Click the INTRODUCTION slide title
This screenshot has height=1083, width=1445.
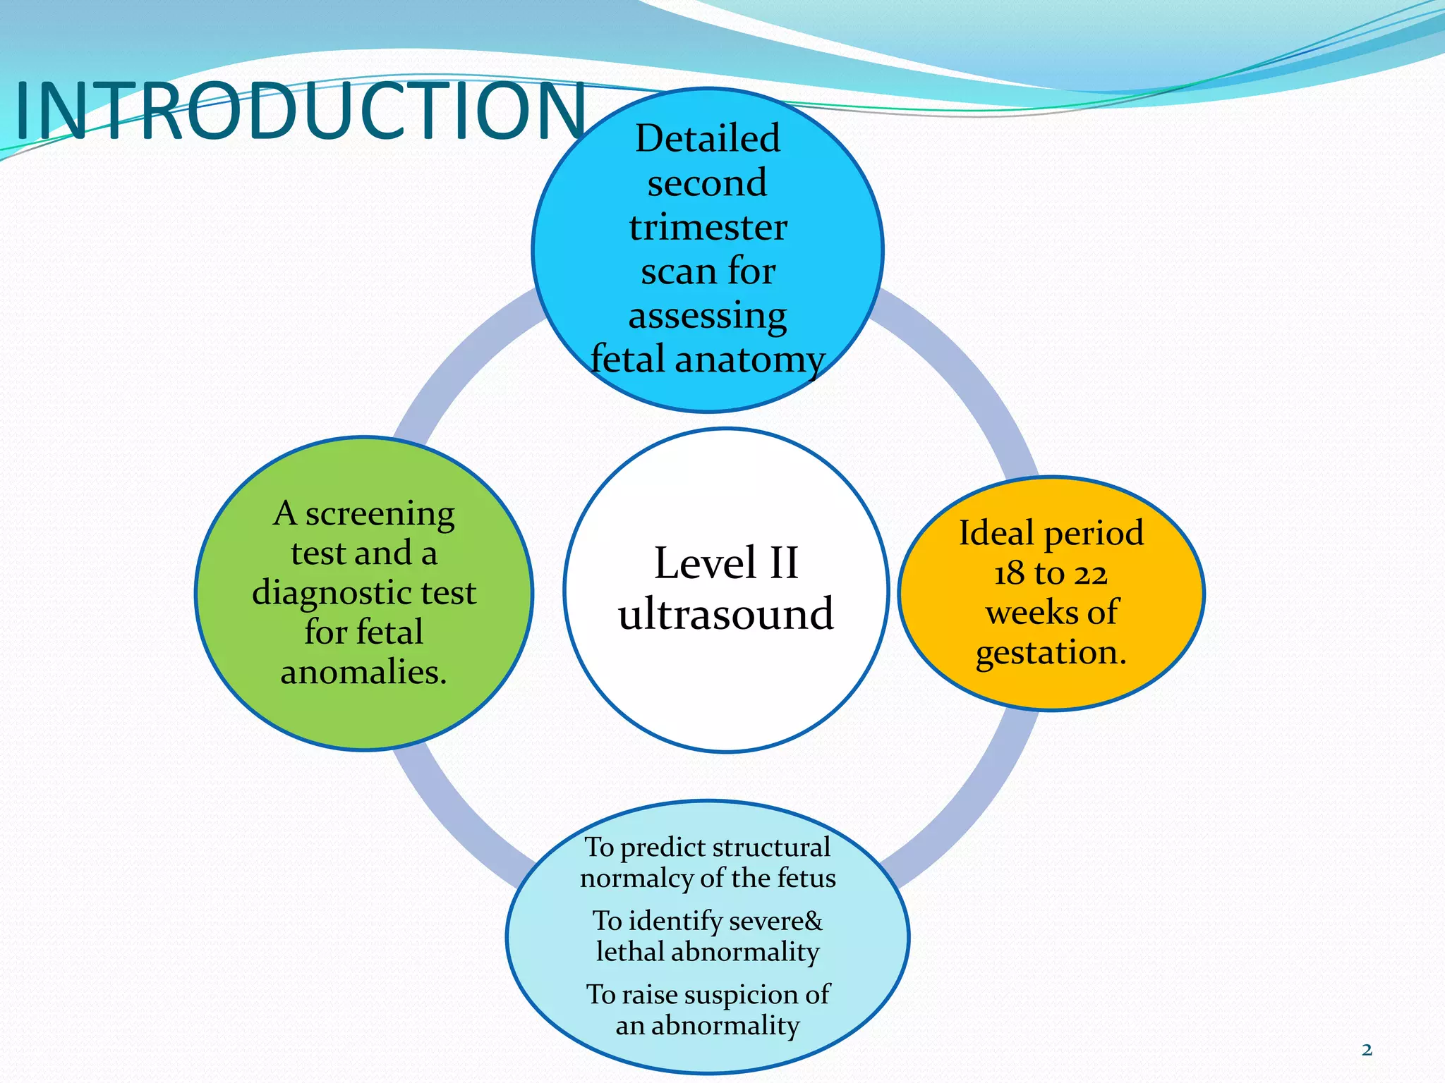pyautogui.click(x=300, y=111)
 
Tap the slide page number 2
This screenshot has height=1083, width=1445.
pyautogui.click(x=1367, y=1050)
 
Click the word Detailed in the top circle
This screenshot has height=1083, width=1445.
pyautogui.click(x=708, y=138)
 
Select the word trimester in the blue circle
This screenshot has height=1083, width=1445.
pyautogui.click(x=708, y=227)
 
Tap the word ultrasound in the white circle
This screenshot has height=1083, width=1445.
pyautogui.click(x=726, y=613)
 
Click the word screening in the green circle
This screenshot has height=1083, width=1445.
pyautogui.click(x=380, y=515)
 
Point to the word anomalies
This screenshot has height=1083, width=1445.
pyautogui.click(x=363, y=672)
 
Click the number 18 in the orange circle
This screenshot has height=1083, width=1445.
pyautogui.click(x=1009, y=573)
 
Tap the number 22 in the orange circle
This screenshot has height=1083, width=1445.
pyautogui.click(x=1091, y=573)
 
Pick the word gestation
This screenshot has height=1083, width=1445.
pyautogui.click(x=1051, y=653)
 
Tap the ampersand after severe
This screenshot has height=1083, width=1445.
pyautogui.click(x=813, y=921)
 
